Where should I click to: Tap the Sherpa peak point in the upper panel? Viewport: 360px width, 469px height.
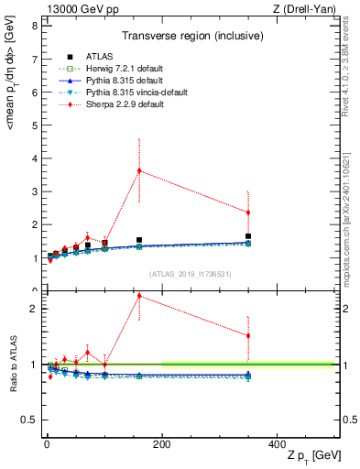tap(139, 170)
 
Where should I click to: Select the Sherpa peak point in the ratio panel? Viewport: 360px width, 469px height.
tap(139, 295)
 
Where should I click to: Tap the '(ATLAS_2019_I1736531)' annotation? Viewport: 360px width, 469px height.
tap(191, 274)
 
